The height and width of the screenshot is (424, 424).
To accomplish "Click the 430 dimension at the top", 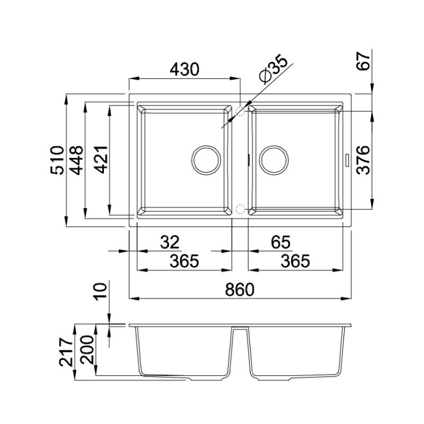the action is click(184, 69).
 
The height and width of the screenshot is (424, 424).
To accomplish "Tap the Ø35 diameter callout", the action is click(272, 69).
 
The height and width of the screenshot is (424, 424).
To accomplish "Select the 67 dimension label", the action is click(363, 61).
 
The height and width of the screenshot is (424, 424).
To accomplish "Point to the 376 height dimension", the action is click(363, 160).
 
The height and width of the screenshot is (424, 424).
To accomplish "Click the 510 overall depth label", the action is click(57, 160).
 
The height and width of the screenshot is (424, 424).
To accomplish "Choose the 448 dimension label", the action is click(76, 160).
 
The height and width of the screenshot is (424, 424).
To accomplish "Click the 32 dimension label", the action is click(170, 242).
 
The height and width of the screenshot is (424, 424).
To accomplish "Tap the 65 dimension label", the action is click(281, 242).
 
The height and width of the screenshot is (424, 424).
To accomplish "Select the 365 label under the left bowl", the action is click(184, 261).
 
